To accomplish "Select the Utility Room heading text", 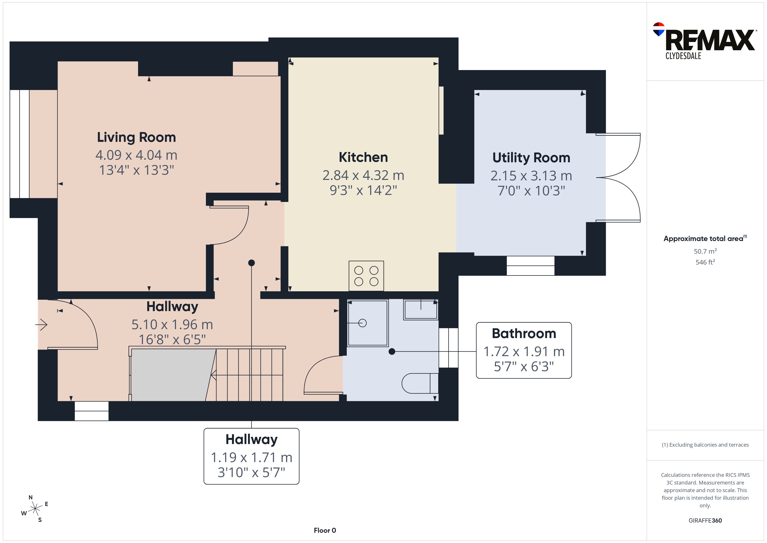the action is tap(531, 158).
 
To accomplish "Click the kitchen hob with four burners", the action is tap(366, 276).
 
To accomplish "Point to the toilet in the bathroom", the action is tap(420, 383).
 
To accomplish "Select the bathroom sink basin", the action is tap(421, 310).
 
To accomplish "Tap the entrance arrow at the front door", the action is tap(42, 324).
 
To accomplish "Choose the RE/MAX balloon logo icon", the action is tap(659, 29).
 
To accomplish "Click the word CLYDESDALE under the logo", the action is tap(683, 56).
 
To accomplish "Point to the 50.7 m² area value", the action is tap(705, 251).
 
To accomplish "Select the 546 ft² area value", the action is tap(705, 262).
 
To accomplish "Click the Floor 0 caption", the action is tap(325, 530).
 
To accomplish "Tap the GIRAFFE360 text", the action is tap(705, 520).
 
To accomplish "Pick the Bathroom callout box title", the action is tap(524, 333).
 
